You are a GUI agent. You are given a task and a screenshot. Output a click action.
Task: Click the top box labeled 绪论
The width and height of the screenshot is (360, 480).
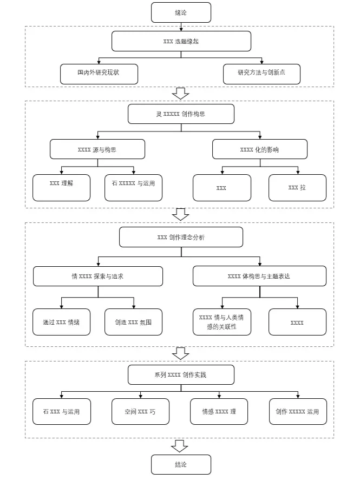pos(181,12)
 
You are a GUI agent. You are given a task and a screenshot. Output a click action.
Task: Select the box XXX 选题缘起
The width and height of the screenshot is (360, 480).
pos(181,41)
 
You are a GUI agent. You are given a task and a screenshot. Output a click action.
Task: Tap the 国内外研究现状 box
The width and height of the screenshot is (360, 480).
pos(99,74)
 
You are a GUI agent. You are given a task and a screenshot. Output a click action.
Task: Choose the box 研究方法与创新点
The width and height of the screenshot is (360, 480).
pos(261,74)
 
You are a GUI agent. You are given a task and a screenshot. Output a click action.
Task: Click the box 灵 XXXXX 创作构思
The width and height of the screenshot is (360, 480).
pos(181,114)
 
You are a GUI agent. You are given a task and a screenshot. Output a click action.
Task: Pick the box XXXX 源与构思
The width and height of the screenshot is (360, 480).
pos(97,149)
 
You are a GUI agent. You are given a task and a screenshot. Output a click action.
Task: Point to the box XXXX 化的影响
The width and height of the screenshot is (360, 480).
pos(260,149)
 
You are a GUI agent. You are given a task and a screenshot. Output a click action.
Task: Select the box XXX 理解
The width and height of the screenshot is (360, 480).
pos(61,188)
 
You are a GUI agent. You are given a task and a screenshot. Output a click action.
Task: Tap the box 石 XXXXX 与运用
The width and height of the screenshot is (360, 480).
pos(133,188)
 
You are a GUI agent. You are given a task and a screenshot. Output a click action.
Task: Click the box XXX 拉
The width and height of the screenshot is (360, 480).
pos(297,188)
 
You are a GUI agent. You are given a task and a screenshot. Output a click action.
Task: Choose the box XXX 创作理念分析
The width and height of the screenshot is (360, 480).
pos(181,237)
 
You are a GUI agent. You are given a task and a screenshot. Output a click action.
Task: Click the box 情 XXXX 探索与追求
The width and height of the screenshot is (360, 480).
pos(97,276)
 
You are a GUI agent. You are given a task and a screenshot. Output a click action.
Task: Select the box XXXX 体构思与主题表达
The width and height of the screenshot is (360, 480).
pos(259,276)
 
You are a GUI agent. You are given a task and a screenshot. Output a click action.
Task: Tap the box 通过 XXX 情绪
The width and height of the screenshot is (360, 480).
pos(61,322)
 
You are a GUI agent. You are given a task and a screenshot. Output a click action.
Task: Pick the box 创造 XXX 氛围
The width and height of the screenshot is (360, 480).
pos(133,322)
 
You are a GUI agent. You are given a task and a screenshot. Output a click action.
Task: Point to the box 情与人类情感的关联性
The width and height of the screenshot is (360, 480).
pos(221,322)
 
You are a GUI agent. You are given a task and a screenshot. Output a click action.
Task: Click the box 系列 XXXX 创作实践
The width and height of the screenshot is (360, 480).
pos(181,374)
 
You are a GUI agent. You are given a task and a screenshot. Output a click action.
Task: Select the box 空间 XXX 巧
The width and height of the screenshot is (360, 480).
pos(140,411)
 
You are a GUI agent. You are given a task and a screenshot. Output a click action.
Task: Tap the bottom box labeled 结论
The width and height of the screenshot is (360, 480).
pos(181,464)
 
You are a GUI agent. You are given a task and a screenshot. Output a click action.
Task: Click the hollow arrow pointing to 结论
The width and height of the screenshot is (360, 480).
pos(179,446)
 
